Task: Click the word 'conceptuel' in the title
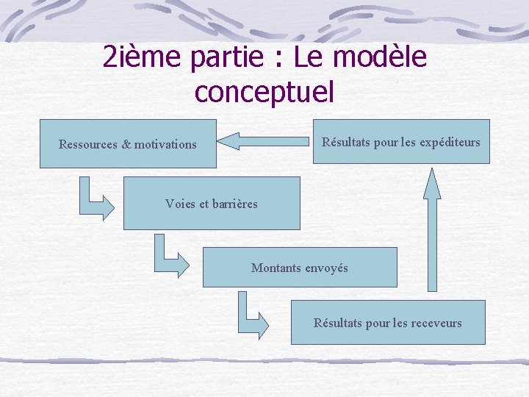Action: pos(264,92)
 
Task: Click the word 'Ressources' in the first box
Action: pos(88,144)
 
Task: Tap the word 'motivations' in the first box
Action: pos(165,144)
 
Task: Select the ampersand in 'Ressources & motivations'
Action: pos(126,144)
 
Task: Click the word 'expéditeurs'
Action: pos(450,142)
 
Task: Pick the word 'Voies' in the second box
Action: pos(181,204)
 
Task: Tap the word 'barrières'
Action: pos(234,204)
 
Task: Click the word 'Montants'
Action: pos(276,268)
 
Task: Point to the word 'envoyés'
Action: pos(325,268)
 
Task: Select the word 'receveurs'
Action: pos(436,323)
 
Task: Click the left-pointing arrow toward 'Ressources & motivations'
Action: pos(264,140)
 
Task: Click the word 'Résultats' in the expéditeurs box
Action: pos(346,142)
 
